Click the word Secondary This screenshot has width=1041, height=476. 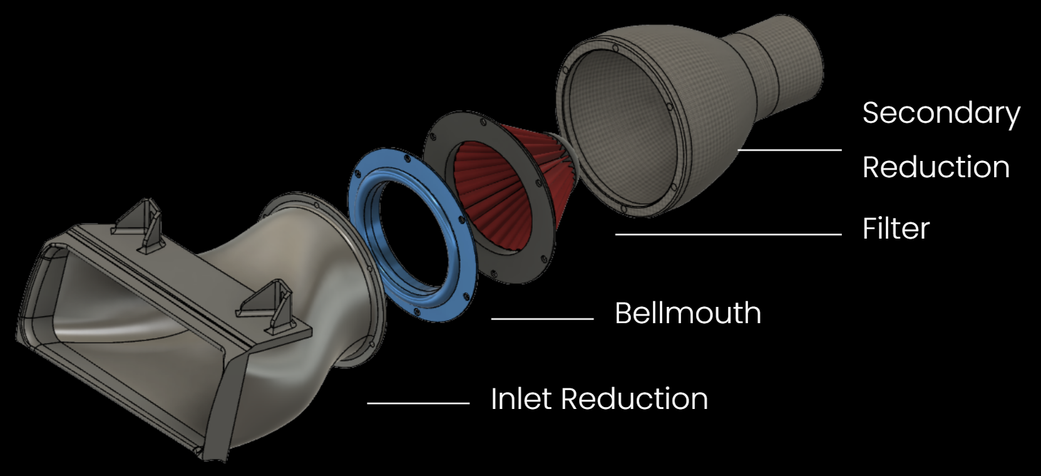(x=941, y=113)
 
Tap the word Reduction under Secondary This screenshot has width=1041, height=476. (x=936, y=167)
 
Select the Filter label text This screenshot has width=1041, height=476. (x=895, y=229)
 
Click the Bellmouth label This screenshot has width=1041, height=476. (x=687, y=313)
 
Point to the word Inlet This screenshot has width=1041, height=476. (x=522, y=399)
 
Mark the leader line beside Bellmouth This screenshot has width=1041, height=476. (x=542, y=319)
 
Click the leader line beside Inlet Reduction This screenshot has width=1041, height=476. (x=418, y=403)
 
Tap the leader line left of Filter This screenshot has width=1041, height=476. (x=727, y=234)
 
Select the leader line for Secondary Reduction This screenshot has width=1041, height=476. (x=789, y=150)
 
